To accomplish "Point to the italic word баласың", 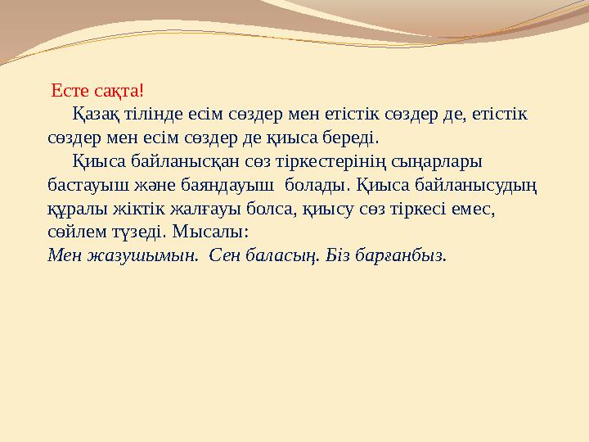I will pyautogui.click(x=277, y=255).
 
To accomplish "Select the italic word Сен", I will pyautogui.click(x=224, y=255).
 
